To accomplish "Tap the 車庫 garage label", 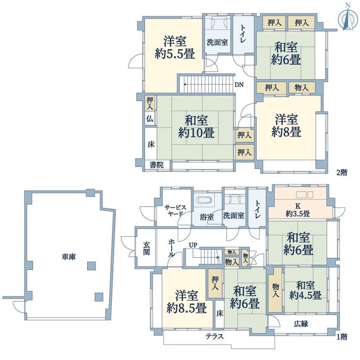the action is point(68,257).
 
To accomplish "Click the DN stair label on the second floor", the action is point(239,85).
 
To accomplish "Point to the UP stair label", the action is point(193,245).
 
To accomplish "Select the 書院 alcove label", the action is point(157,165).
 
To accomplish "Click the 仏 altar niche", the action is point(150,119).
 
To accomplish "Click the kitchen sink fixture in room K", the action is point(304,195).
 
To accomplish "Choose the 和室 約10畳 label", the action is point(196,126).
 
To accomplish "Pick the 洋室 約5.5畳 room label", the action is point(175,47).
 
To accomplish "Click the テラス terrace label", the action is point(214,337).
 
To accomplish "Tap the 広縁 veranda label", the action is point(301,324).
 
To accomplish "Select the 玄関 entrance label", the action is point(146,248).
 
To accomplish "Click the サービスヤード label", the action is point(175,210).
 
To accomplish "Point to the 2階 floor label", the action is point(342,172).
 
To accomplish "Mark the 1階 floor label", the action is point(342,337).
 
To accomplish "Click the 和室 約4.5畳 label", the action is point(305,290).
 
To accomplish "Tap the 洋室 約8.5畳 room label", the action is point(187,302).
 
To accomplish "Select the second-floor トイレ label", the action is point(243,34).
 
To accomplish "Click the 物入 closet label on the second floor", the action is point(301,88).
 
